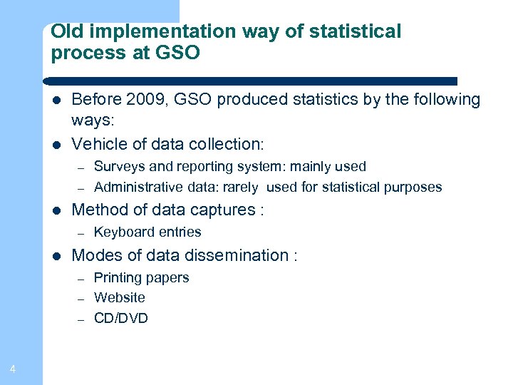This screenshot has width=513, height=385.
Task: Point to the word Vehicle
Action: [99, 144]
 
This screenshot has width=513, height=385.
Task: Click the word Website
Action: [120, 298]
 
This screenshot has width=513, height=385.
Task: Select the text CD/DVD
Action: [121, 319]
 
